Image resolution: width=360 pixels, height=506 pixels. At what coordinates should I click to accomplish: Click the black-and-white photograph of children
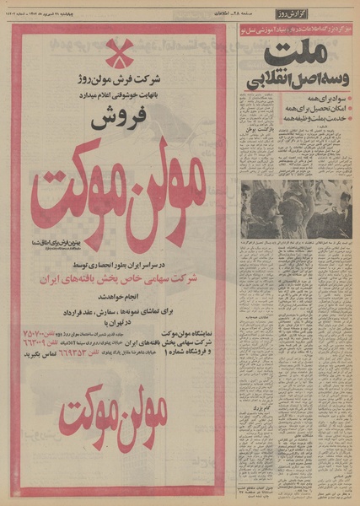click(296, 208)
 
